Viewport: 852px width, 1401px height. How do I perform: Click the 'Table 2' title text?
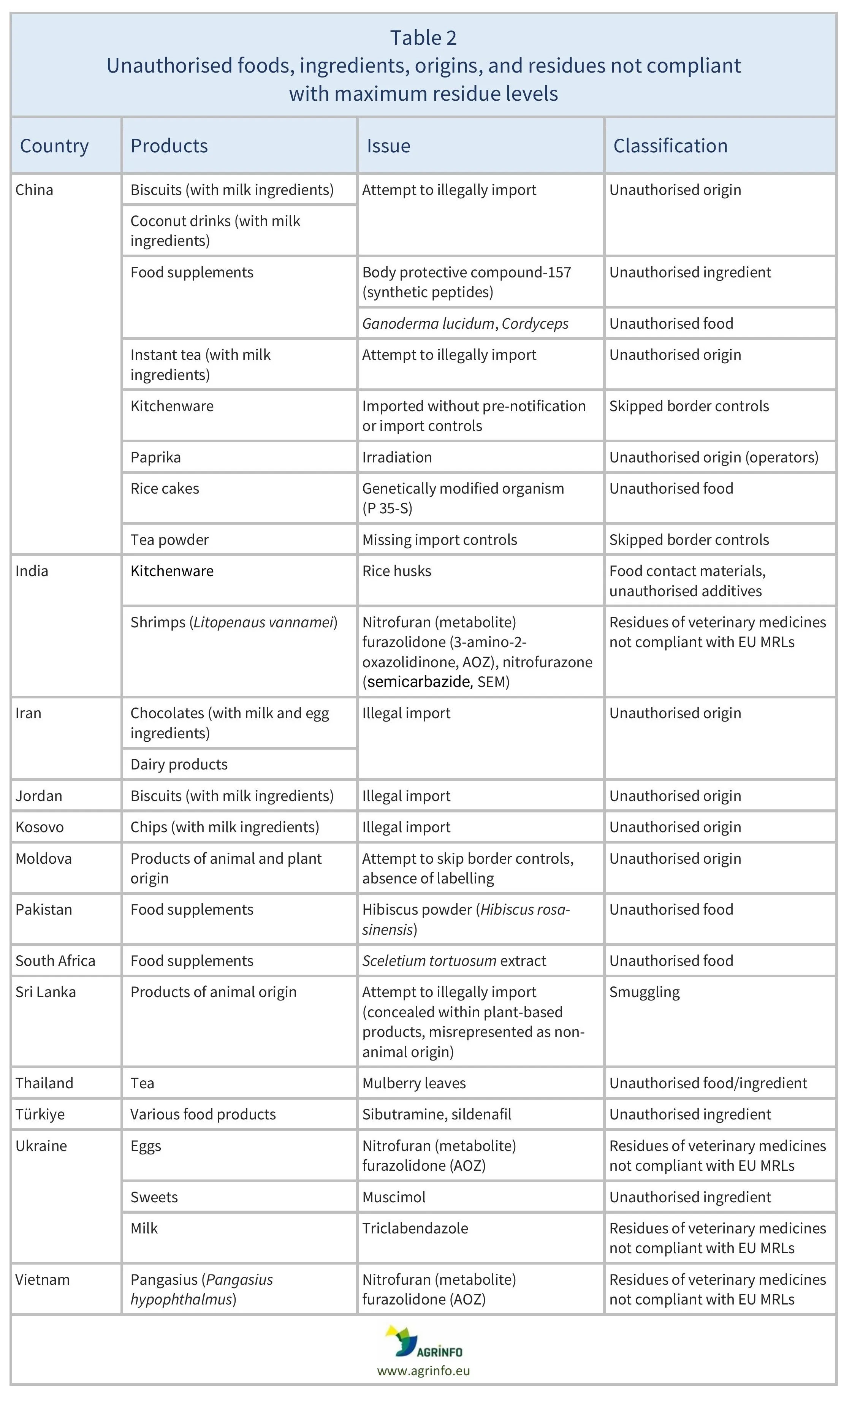423,38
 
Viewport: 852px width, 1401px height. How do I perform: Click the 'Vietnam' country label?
43,1279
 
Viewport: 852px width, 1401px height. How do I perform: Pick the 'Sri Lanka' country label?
46,992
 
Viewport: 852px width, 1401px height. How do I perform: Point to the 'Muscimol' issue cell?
394,1197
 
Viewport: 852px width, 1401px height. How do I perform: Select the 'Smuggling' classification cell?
645,992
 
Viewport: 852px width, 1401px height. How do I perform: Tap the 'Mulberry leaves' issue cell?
414,1083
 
